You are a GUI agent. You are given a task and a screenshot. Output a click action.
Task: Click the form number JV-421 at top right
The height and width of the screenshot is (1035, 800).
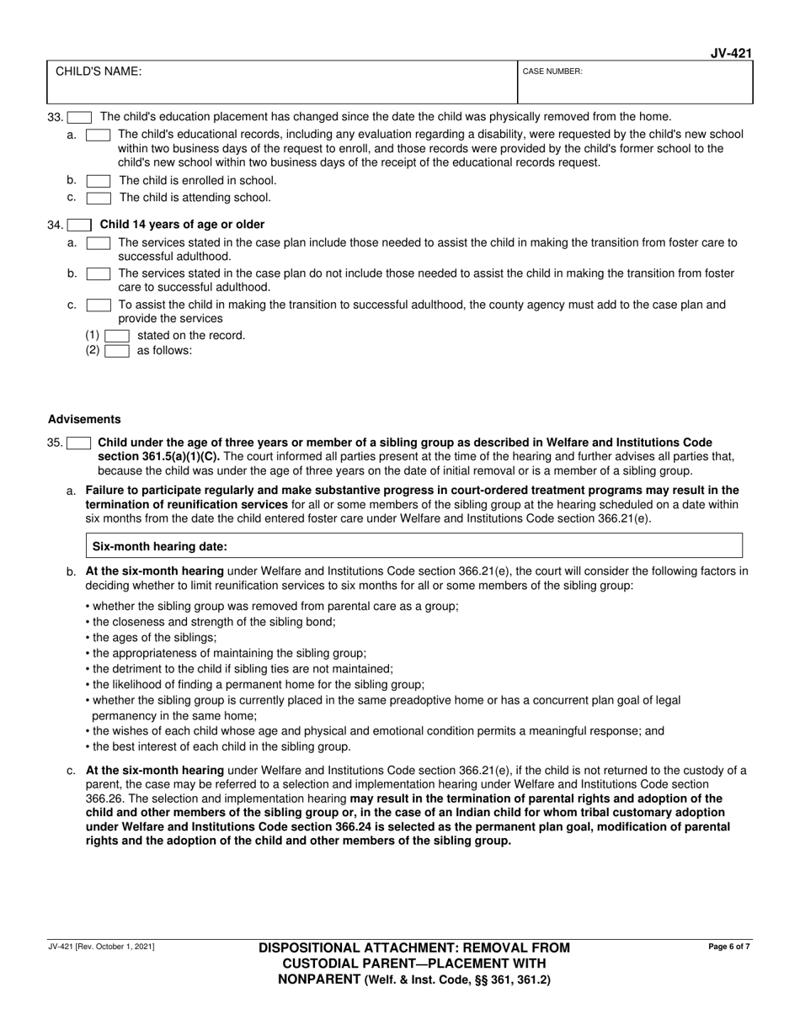click(x=730, y=53)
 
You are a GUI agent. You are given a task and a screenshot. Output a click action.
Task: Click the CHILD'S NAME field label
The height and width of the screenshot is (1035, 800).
click(x=99, y=72)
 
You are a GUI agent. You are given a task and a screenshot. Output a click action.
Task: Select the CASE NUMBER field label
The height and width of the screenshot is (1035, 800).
click(x=552, y=72)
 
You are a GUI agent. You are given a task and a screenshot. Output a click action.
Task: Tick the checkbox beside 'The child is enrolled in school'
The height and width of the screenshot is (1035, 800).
click(x=99, y=180)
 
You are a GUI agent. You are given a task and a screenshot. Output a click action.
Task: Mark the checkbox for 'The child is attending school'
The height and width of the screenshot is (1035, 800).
click(x=99, y=198)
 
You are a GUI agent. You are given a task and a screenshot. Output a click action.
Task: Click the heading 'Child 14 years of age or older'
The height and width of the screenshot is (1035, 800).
click(x=182, y=225)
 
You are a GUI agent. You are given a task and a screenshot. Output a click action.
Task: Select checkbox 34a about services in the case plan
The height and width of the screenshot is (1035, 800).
click(x=99, y=242)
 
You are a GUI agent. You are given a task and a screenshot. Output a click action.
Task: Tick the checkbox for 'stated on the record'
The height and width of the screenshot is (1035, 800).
click(x=117, y=335)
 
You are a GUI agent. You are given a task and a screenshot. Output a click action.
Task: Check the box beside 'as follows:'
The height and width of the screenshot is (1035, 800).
click(x=117, y=351)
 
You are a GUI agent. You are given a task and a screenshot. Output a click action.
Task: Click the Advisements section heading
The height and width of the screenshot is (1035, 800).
click(x=84, y=419)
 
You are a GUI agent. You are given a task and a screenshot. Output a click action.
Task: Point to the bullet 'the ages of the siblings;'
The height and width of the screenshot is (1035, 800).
click(x=151, y=637)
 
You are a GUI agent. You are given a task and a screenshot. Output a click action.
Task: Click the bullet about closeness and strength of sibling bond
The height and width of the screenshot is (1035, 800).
click(x=211, y=622)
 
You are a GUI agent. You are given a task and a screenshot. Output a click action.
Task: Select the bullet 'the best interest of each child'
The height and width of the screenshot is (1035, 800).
click(x=218, y=746)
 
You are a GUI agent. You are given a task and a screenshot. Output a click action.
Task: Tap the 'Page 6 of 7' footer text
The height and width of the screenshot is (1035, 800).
click(x=729, y=947)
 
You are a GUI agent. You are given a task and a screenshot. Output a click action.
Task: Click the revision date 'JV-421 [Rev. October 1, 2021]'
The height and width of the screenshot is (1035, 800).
click(x=101, y=947)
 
